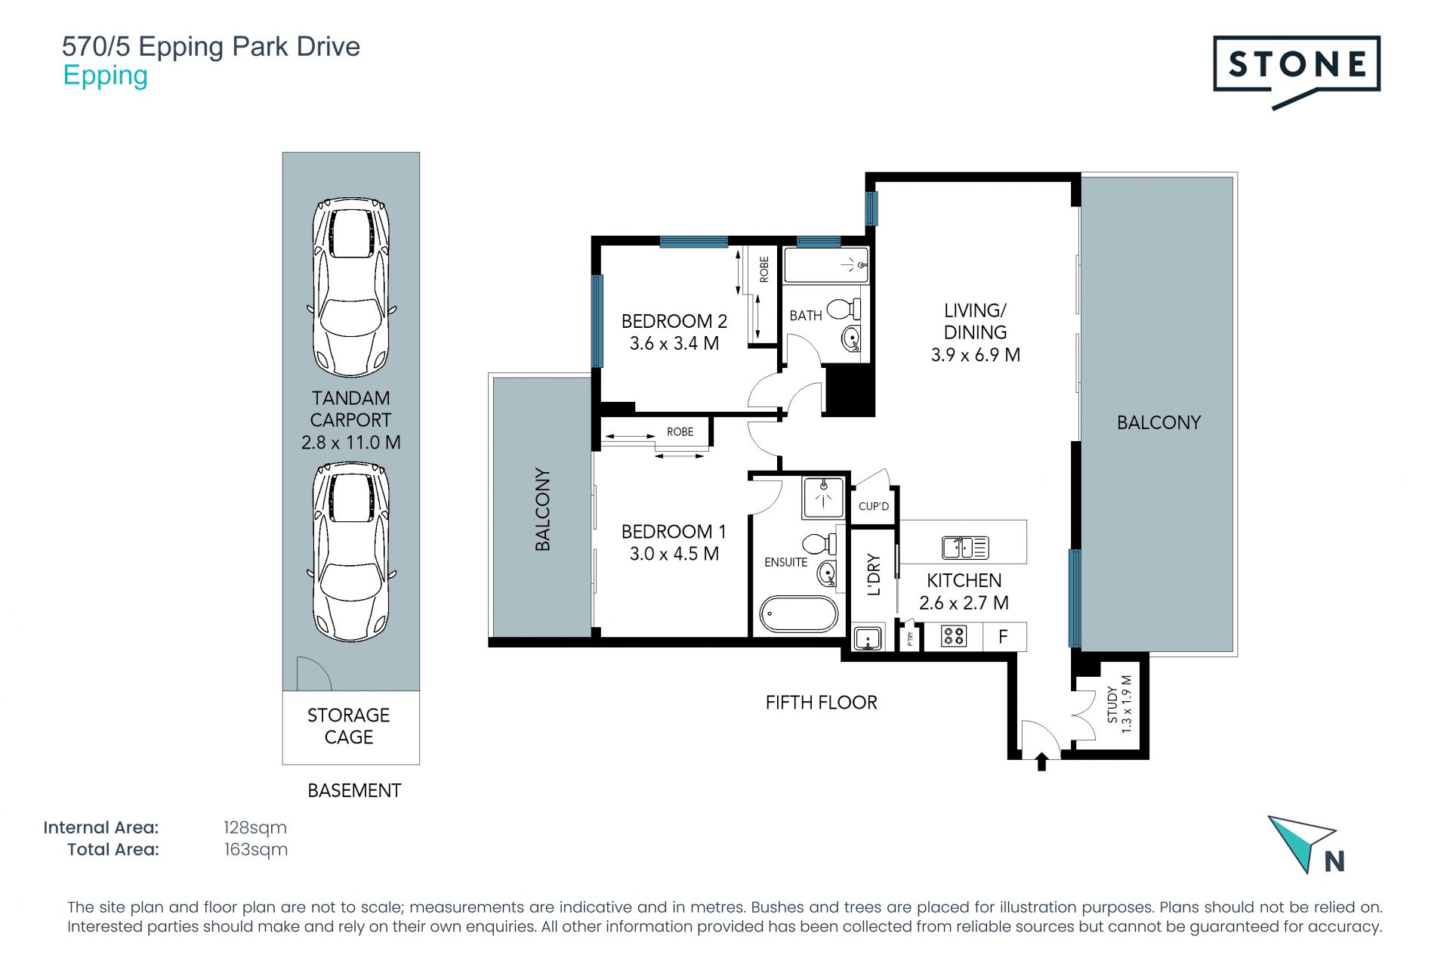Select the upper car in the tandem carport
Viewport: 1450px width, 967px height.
tap(351, 287)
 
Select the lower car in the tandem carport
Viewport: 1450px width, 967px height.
tap(351, 552)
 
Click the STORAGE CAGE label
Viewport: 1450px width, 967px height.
tap(349, 726)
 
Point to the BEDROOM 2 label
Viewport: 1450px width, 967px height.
tap(674, 321)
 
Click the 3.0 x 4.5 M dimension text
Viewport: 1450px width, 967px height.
tap(674, 554)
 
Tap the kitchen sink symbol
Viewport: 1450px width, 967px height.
tap(965, 547)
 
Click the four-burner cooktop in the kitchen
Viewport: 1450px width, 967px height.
tap(954, 637)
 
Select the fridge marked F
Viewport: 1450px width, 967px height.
tap(1004, 637)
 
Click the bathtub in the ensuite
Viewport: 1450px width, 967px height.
tap(798, 614)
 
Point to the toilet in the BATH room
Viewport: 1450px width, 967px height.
tap(844, 309)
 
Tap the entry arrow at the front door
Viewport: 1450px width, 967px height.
tap(1041, 762)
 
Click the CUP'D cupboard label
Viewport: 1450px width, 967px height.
tap(874, 506)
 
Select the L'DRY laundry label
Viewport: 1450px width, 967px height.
tap(874, 575)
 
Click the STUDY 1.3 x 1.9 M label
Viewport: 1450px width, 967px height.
tap(1119, 704)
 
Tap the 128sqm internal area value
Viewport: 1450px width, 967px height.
tap(255, 828)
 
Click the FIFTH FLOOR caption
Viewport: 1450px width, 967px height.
tap(821, 703)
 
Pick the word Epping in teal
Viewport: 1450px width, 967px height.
tap(105, 76)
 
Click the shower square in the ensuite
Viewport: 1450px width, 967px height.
tap(823, 497)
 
